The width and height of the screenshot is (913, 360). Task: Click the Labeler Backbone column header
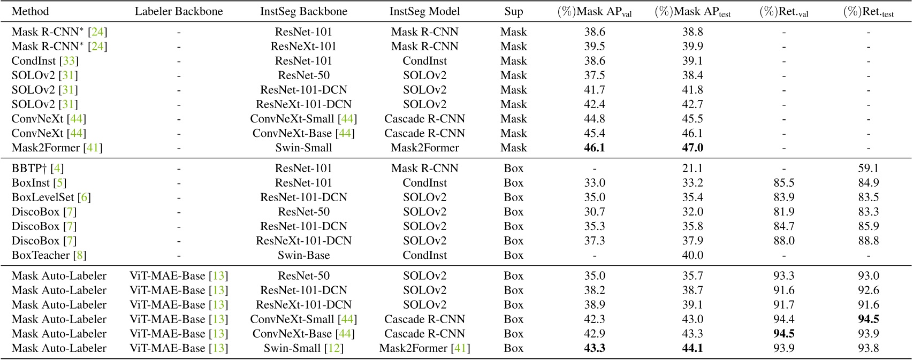pos(179,11)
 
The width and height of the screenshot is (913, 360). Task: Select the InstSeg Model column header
pos(424,11)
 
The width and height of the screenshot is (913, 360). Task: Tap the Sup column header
pos(513,11)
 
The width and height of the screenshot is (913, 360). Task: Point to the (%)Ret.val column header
pos(783,12)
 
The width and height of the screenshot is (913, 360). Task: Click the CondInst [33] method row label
pos(44,61)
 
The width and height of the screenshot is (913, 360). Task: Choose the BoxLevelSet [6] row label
pos(51,197)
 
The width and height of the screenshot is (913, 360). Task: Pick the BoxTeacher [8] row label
pos(49,255)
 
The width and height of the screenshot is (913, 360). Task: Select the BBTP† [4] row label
pos(37,168)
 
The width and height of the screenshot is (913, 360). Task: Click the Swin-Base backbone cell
pos(303,255)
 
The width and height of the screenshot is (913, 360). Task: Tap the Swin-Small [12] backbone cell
pos(303,348)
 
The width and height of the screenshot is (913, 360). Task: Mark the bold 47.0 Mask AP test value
pos(693,148)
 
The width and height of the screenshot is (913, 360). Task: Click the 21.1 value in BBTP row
pos(693,168)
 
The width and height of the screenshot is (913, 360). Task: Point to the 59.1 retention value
pos(868,168)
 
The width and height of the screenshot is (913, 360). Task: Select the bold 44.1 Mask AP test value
pos(693,348)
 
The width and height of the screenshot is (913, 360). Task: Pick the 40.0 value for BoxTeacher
pos(693,255)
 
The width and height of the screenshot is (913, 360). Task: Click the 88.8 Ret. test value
pos(868,241)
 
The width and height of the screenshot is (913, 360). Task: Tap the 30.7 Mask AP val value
pos(595,212)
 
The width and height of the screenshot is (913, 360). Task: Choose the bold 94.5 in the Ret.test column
pos(868,319)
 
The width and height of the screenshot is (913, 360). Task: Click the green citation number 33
pos(69,61)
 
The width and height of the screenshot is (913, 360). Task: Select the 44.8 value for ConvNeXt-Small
pos(595,119)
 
